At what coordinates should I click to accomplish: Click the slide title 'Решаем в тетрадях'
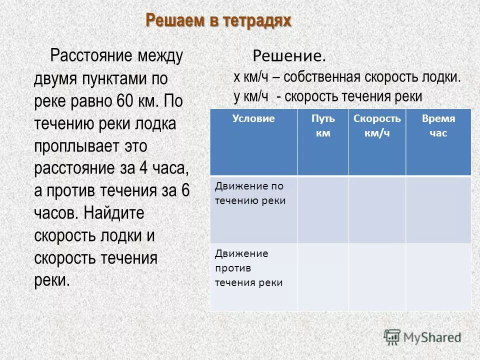(218, 20)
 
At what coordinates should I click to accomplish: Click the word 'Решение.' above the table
(289, 56)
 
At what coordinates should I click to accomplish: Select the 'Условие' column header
(253, 119)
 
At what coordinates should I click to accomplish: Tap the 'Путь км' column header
(323, 126)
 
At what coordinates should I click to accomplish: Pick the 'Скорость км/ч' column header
(377, 126)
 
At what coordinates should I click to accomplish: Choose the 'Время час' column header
(438, 126)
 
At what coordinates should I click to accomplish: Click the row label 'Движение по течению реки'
(250, 193)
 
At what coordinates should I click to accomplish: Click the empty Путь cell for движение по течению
(323, 210)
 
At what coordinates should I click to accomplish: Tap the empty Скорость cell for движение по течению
(377, 210)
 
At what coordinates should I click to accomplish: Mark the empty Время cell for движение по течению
(438, 210)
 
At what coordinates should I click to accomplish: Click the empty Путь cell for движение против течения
(323, 277)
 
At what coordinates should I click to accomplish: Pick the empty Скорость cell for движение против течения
(377, 277)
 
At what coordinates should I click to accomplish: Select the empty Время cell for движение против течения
(438, 277)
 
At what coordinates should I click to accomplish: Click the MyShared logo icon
(392, 337)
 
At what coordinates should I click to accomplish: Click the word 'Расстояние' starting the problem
(93, 56)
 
